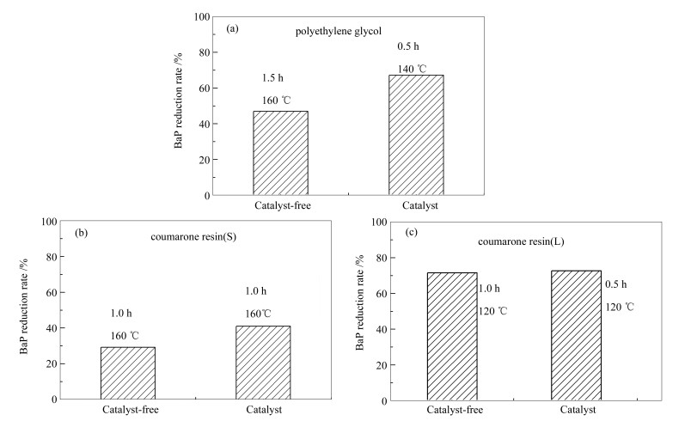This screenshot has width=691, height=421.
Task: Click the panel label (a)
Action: pos(232,29)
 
